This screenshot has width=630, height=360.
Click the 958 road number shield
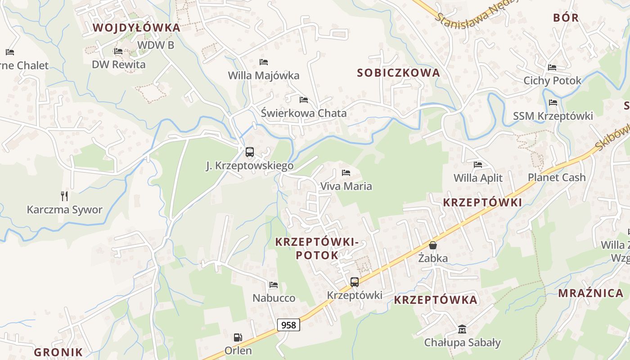point(288,324)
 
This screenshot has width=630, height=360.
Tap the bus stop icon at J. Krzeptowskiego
point(250,152)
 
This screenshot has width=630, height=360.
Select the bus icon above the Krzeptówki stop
point(355,282)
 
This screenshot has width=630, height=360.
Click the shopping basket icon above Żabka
point(433,245)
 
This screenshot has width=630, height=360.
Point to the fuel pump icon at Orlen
point(238,337)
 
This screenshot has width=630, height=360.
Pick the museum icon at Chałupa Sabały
point(462,329)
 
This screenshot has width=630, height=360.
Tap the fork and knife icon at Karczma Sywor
point(64,196)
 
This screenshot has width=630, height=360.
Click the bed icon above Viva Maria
point(346,172)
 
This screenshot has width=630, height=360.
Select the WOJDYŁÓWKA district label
point(136,27)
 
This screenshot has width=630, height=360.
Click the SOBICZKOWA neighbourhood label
point(398,72)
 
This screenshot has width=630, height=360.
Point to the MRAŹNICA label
point(590,293)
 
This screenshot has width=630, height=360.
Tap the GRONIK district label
point(58,352)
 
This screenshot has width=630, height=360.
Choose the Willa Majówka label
point(263,75)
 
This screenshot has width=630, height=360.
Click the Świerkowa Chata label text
point(304,113)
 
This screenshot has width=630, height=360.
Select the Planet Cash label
point(557,177)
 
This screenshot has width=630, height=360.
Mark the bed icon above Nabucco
point(273,285)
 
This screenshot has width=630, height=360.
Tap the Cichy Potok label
point(552,81)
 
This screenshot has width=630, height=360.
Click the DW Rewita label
point(119,64)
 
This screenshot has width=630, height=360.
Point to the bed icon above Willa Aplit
point(478,165)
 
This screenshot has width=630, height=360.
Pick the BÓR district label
point(566,18)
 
